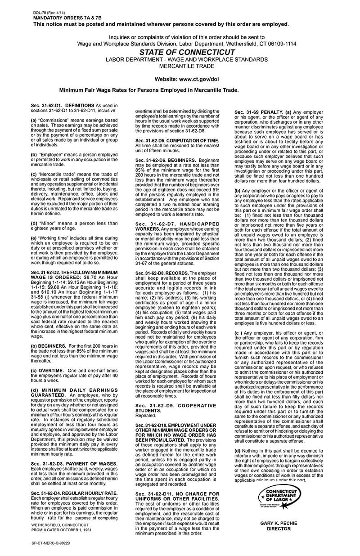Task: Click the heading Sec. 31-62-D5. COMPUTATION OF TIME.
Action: point(177,140)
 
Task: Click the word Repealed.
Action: point(145,416)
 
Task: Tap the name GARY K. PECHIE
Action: point(279,524)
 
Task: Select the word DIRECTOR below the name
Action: point(279,529)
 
